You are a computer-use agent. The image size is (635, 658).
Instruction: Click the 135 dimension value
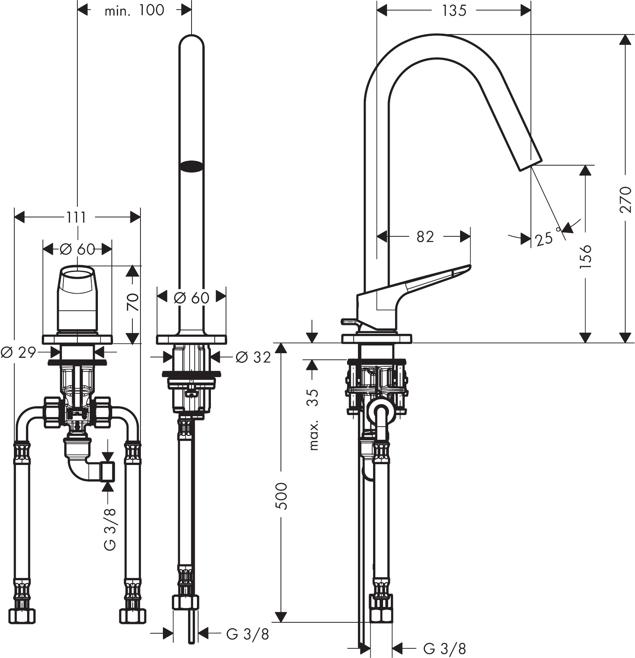pyautogui.click(x=454, y=10)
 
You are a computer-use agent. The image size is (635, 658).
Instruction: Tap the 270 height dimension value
pyautogui.click(x=625, y=199)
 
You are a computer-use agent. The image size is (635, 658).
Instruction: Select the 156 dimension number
pyautogui.click(x=585, y=256)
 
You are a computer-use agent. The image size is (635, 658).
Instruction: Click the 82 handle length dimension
pyautogui.click(x=425, y=236)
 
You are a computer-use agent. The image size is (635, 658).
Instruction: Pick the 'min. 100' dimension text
pyautogui.click(x=134, y=10)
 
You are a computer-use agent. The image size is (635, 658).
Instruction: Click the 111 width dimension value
pyautogui.click(x=76, y=217)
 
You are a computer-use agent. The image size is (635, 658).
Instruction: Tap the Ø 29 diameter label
pyautogui.click(x=18, y=352)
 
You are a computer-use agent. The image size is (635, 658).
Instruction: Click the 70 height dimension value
pyautogui.click(x=133, y=302)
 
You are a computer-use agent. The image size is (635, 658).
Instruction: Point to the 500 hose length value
pyautogui.click(x=282, y=496)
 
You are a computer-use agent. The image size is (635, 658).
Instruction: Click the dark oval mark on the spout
pyautogui.click(x=191, y=166)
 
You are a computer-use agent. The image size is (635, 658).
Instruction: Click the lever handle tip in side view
pyautogui.click(x=469, y=267)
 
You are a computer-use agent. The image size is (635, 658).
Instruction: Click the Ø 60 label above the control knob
pyautogui.click(x=77, y=250)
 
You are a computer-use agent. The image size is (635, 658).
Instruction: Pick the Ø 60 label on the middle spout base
pyautogui.click(x=191, y=297)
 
